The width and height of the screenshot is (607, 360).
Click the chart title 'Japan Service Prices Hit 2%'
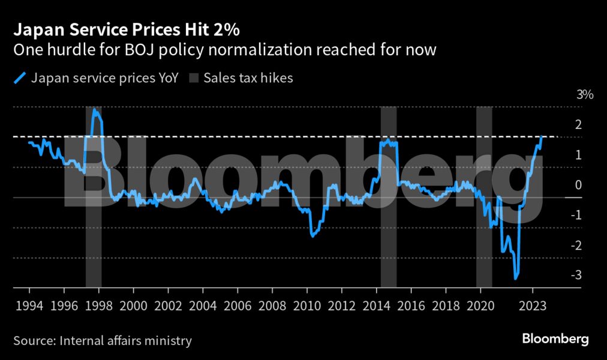127,30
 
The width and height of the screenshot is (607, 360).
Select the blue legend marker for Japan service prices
20,78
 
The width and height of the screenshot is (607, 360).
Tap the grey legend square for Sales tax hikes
194,78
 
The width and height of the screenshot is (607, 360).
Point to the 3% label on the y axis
585,94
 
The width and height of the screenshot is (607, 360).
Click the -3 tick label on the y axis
576,275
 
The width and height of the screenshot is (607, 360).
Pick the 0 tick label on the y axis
578,185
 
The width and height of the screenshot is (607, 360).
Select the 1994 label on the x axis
29,306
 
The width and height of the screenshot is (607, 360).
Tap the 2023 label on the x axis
533,306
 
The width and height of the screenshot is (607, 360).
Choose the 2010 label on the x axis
307,306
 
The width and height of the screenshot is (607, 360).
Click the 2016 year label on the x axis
411,306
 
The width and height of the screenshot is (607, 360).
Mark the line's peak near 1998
94,110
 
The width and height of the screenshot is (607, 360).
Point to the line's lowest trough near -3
515,278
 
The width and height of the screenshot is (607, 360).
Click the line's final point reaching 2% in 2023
542,137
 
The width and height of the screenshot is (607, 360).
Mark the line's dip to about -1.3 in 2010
312,236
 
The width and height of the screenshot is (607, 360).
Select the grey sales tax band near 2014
389,197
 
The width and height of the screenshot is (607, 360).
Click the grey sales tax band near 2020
484,197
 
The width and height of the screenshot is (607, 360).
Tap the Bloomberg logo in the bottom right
555,339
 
